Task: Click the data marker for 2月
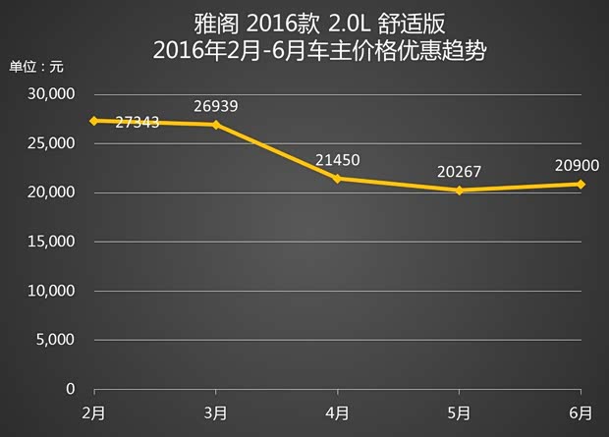click(94, 121)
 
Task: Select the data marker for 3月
click(216, 125)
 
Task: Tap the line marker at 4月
click(338, 179)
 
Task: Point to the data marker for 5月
click(460, 191)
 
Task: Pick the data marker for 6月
click(581, 184)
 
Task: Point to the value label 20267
click(460, 172)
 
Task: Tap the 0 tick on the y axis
click(71, 389)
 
